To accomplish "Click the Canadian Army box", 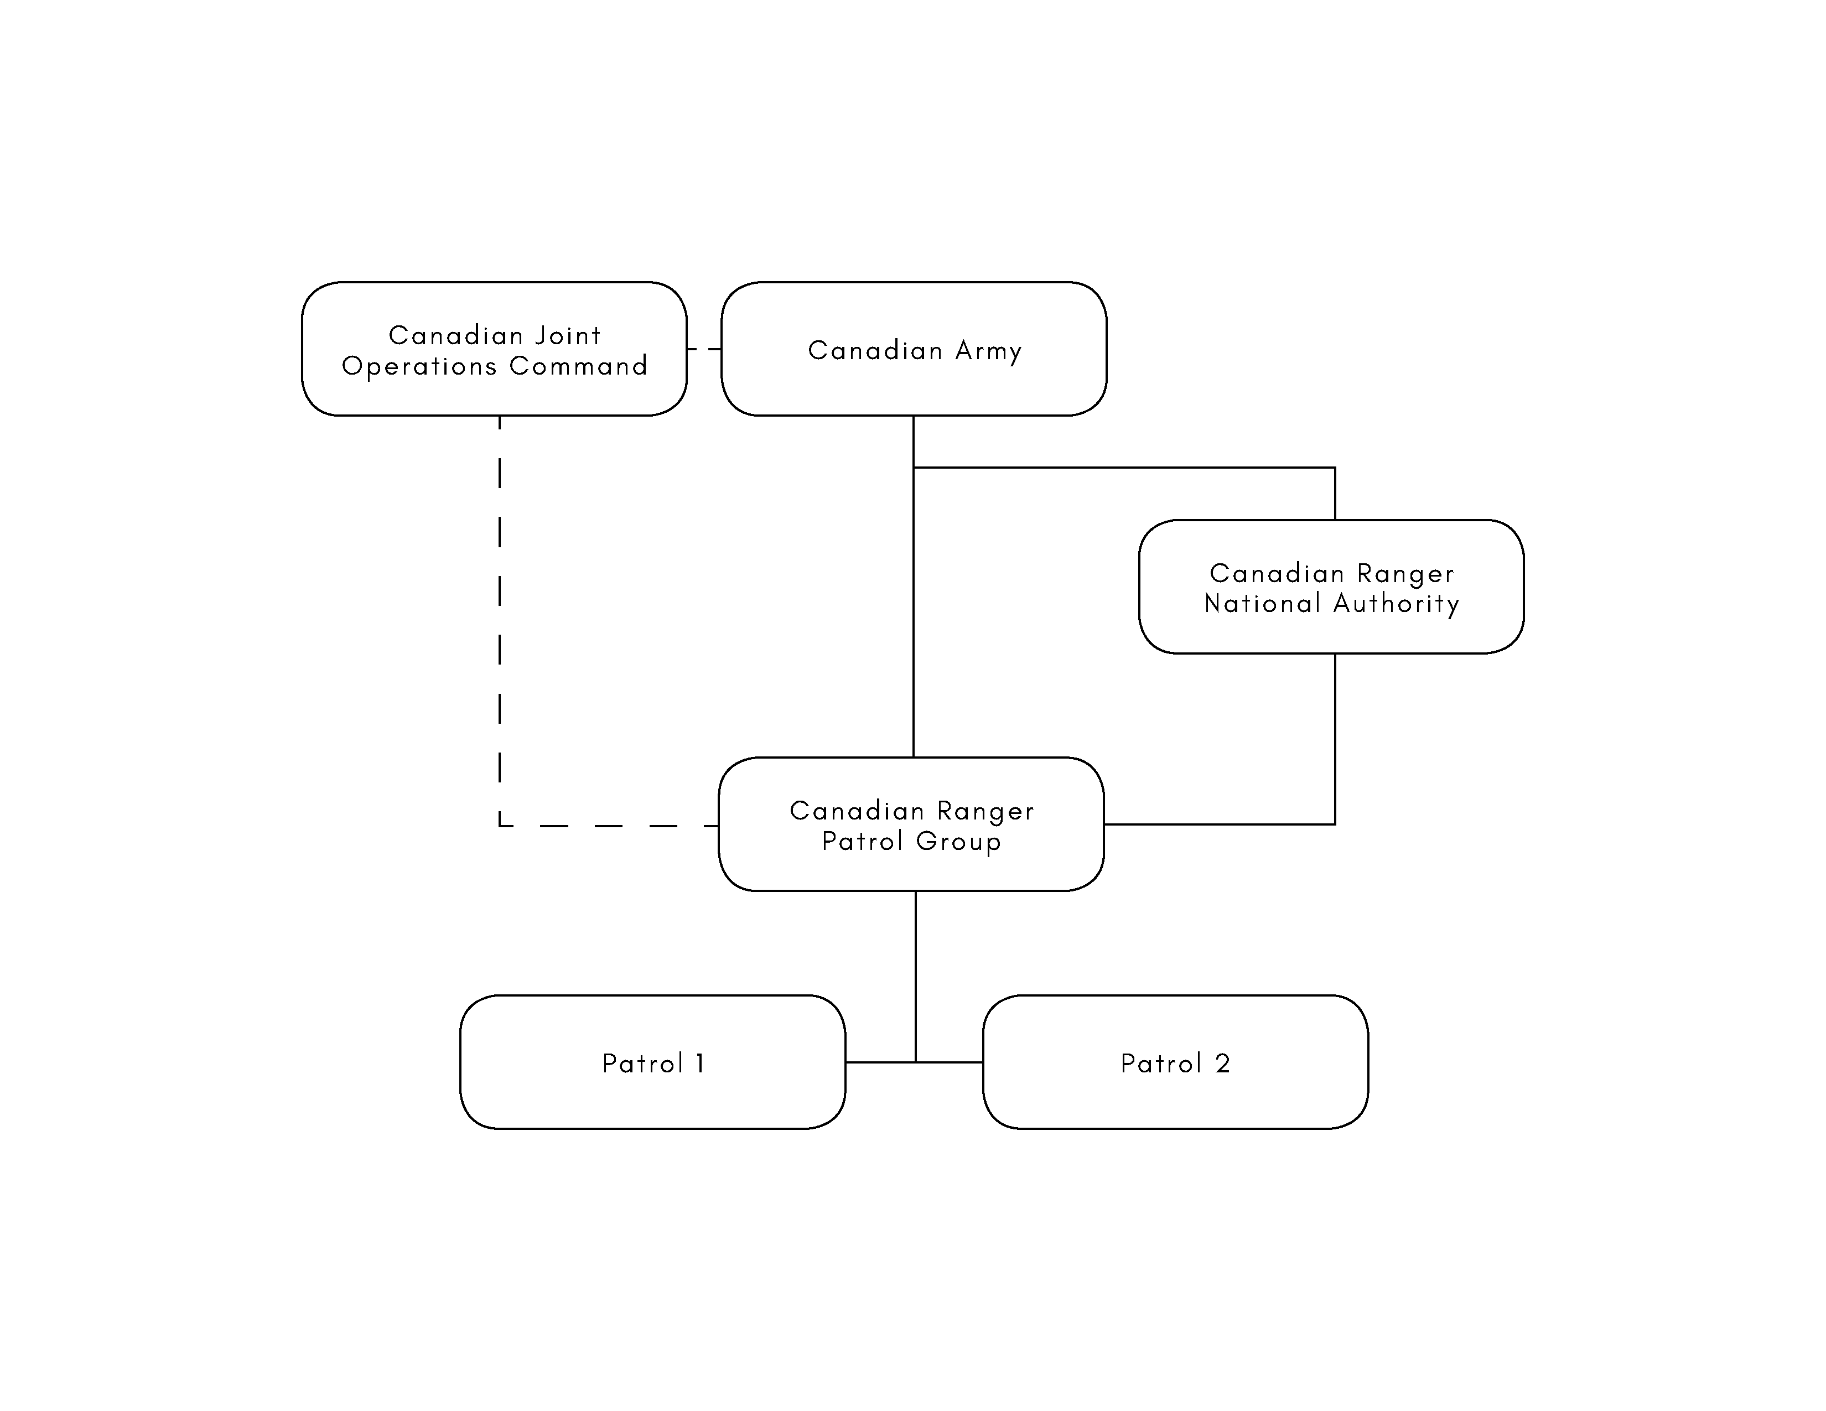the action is [914, 349].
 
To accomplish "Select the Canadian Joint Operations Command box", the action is [494, 349].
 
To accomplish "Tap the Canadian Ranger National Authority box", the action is [1331, 587].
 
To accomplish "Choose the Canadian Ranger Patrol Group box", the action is [911, 824].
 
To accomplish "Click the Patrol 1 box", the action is [652, 1062].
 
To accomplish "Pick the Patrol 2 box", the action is [1175, 1062].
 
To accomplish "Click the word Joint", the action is [568, 335].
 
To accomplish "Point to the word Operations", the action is [420, 366].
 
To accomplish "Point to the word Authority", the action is [1396, 604].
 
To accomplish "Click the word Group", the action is [958, 841].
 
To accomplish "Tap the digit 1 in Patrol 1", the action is [700, 1064].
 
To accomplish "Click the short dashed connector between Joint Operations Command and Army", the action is [704, 349].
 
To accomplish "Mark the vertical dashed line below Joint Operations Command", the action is [499, 620].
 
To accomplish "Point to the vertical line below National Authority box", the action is [1335, 739].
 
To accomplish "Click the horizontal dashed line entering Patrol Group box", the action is [609, 826].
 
